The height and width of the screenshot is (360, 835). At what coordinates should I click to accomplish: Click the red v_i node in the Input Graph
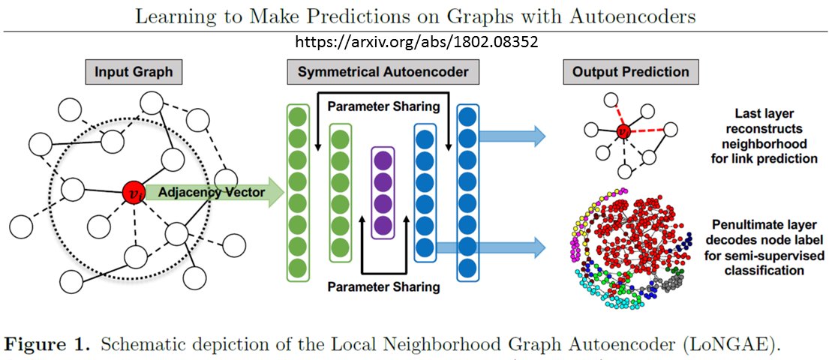pos(133,192)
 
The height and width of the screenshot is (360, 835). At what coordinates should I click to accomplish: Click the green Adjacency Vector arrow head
pos(275,192)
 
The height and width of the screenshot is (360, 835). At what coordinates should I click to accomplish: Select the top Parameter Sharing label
pos(383,106)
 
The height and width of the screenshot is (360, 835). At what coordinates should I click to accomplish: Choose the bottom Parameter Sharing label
pos(383,287)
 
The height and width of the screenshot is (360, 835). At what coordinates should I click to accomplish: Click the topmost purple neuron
pos(383,160)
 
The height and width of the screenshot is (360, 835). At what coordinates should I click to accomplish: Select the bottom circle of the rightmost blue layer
pos(468,267)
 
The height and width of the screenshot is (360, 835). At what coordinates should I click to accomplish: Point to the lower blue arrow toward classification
pos(491,247)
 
